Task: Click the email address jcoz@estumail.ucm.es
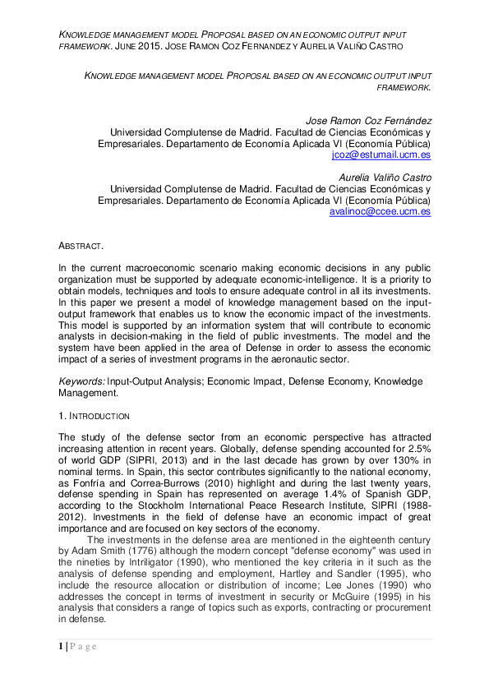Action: tap(381, 155)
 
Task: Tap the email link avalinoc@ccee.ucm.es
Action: tap(380, 211)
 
